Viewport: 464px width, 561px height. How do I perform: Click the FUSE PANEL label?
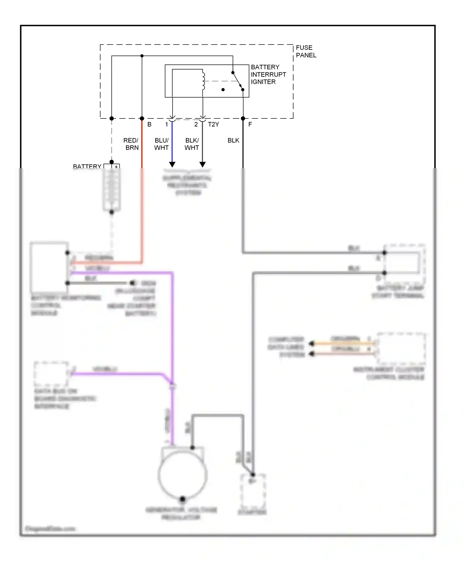[x=306, y=51]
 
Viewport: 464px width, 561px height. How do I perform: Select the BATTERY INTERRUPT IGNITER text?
[x=268, y=75]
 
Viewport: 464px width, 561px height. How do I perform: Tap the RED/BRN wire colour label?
[x=131, y=144]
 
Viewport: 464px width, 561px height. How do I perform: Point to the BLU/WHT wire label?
[x=161, y=144]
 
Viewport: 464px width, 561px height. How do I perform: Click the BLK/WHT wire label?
[x=192, y=144]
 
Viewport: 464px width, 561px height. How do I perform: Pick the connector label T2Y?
[x=213, y=124]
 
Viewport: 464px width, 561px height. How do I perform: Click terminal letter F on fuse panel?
[x=250, y=124]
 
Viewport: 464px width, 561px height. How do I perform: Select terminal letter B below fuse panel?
[x=149, y=124]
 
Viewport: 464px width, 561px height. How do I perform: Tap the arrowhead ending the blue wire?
[x=172, y=165]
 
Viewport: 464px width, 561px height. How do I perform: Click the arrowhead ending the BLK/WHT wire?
[x=203, y=165]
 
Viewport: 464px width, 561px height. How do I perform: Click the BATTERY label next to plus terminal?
[x=87, y=166]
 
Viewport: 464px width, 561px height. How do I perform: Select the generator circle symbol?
[x=183, y=475]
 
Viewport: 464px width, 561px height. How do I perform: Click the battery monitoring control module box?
[x=49, y=268]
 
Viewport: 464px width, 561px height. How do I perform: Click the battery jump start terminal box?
[x=404, y=263]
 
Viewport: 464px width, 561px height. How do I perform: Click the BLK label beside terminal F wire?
[x=233, y=140]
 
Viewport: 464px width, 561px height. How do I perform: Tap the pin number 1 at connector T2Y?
[x=166, y=124]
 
